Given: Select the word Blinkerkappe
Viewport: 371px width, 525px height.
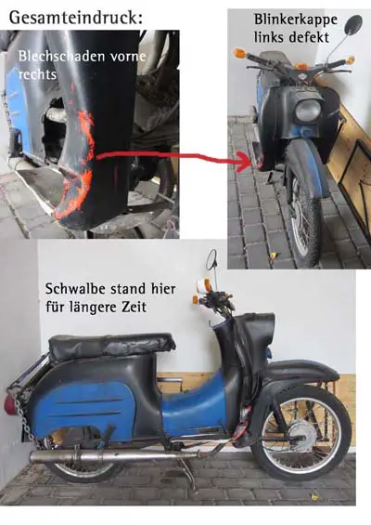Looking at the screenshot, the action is (x=296, y=20).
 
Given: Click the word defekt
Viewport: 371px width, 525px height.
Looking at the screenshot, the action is (x=310, y=37).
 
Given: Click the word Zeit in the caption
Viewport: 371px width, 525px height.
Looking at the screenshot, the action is (x=134, y=307).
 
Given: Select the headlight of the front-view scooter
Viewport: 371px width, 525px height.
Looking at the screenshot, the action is (x=308, y=111).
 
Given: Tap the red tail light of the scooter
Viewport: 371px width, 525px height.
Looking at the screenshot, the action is (x=7, y=405).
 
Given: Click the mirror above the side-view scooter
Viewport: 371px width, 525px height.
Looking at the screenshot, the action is (x=211, y=259).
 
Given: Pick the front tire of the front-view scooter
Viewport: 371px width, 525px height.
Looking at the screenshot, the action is (x=303, y=217).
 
